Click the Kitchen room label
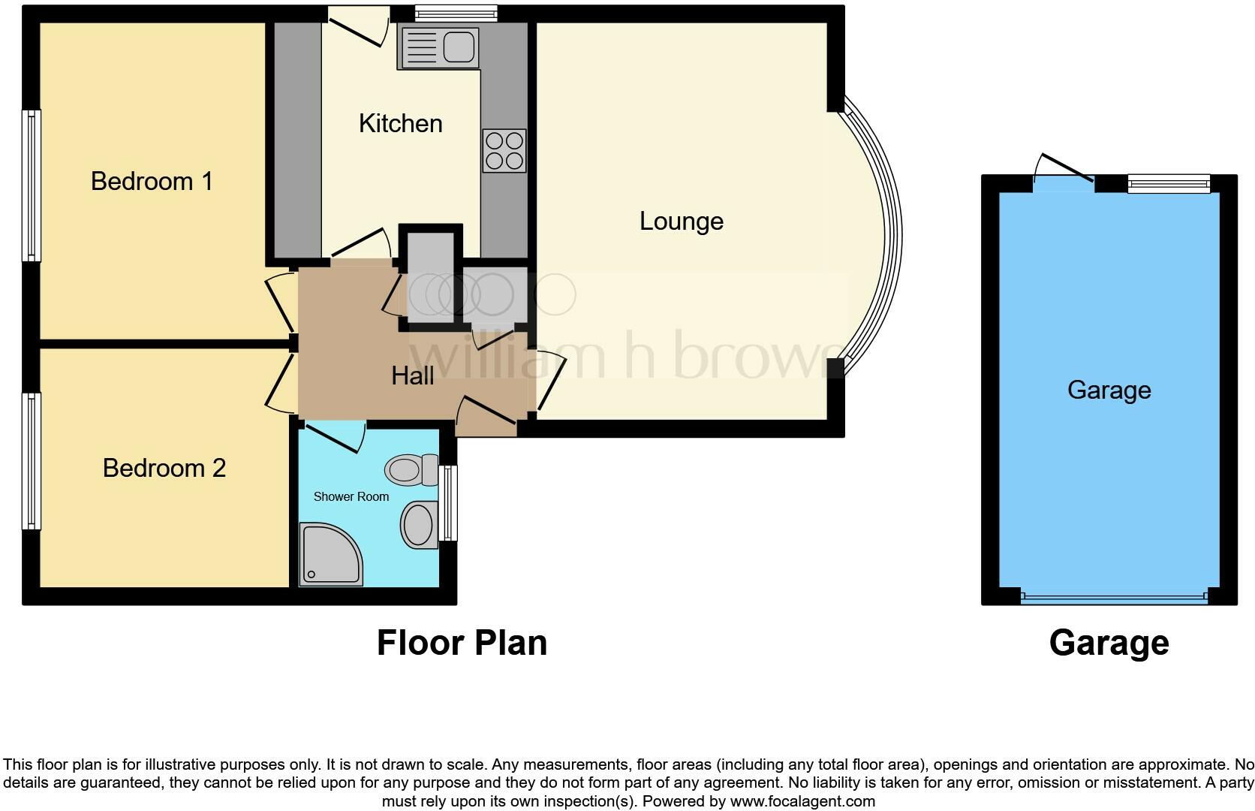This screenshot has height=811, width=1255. [400, 124]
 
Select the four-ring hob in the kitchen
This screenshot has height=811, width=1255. [504, 151]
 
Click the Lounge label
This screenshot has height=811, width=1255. [681, 222]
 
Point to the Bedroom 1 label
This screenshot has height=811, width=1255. [152, 182]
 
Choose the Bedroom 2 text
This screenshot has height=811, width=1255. [164, 469]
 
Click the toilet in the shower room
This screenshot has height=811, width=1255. [411, 470]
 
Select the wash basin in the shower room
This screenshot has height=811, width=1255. [419, 524]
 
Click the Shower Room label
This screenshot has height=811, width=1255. [351, 497]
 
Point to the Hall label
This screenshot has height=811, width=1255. [412, 376]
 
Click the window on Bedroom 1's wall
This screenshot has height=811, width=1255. [31, 185]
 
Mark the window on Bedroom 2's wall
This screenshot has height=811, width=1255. [31, 460]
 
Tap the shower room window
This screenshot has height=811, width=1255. [448, 502]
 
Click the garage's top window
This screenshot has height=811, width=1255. [1169, 183]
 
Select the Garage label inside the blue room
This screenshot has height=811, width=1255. [1109, 390]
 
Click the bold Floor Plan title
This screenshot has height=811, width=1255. [462, 644]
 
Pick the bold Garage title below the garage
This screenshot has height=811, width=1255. [1109, 644]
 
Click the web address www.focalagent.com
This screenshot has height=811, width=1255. [802, 801]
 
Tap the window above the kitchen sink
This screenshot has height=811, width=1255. [456, 13]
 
